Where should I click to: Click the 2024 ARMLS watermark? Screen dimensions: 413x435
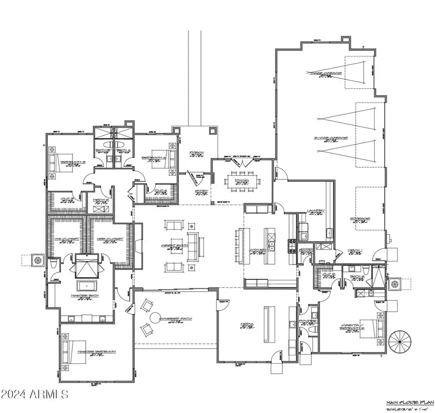click(x=35, y=395)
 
